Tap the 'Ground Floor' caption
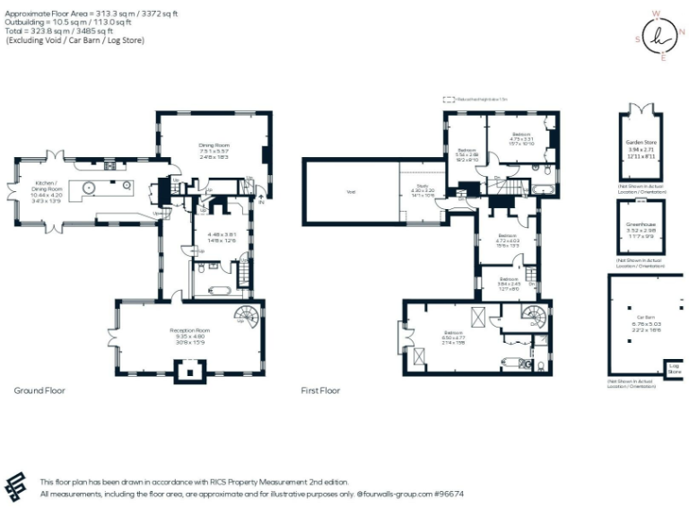[39, 390]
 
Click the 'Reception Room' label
[189, 330]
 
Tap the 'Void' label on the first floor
[350, 191]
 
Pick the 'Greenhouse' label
[640, 225]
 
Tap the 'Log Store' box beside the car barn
[674, 369]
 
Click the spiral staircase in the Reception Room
[246, 316]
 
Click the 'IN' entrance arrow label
[263, 202]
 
